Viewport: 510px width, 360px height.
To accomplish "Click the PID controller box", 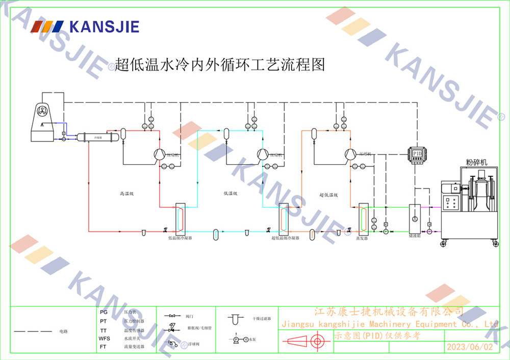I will click(x=417, y=155).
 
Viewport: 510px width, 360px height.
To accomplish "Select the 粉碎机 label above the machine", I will click(x=476, y=162).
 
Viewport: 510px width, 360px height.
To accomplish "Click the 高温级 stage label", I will click(x=126, y=194).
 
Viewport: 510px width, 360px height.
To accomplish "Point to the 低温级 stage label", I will click(x=230, y=194).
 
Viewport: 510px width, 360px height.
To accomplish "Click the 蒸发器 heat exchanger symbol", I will click(x=363, y=219).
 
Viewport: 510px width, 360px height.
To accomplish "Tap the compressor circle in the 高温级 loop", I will click(x=159, y=154).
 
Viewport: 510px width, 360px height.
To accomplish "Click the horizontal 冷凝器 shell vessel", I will click(x=97, y=137).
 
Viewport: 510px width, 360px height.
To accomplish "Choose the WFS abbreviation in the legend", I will click(x=104, y=339).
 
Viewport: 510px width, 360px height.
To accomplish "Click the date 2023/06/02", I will click(x=470, y=347).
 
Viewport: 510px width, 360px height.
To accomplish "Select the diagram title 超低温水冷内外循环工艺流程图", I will click(x=220, y=65).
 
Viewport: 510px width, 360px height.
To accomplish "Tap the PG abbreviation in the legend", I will click(x=104, y=312).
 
